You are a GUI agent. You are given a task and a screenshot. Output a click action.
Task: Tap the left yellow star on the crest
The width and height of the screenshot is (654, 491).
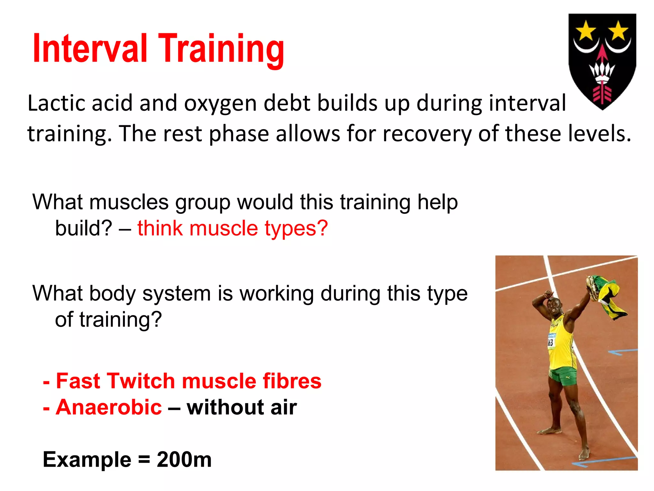[x=586, y=31]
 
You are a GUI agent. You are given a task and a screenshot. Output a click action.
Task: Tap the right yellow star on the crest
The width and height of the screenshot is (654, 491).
[x=618, y=31]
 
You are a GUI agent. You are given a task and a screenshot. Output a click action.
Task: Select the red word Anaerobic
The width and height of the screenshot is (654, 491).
[x=109, y=407]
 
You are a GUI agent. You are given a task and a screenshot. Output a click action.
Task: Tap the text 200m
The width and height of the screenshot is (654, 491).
[x=184, y=460]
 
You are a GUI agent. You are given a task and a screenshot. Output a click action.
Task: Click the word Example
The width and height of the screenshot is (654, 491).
[x=87, y=460]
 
